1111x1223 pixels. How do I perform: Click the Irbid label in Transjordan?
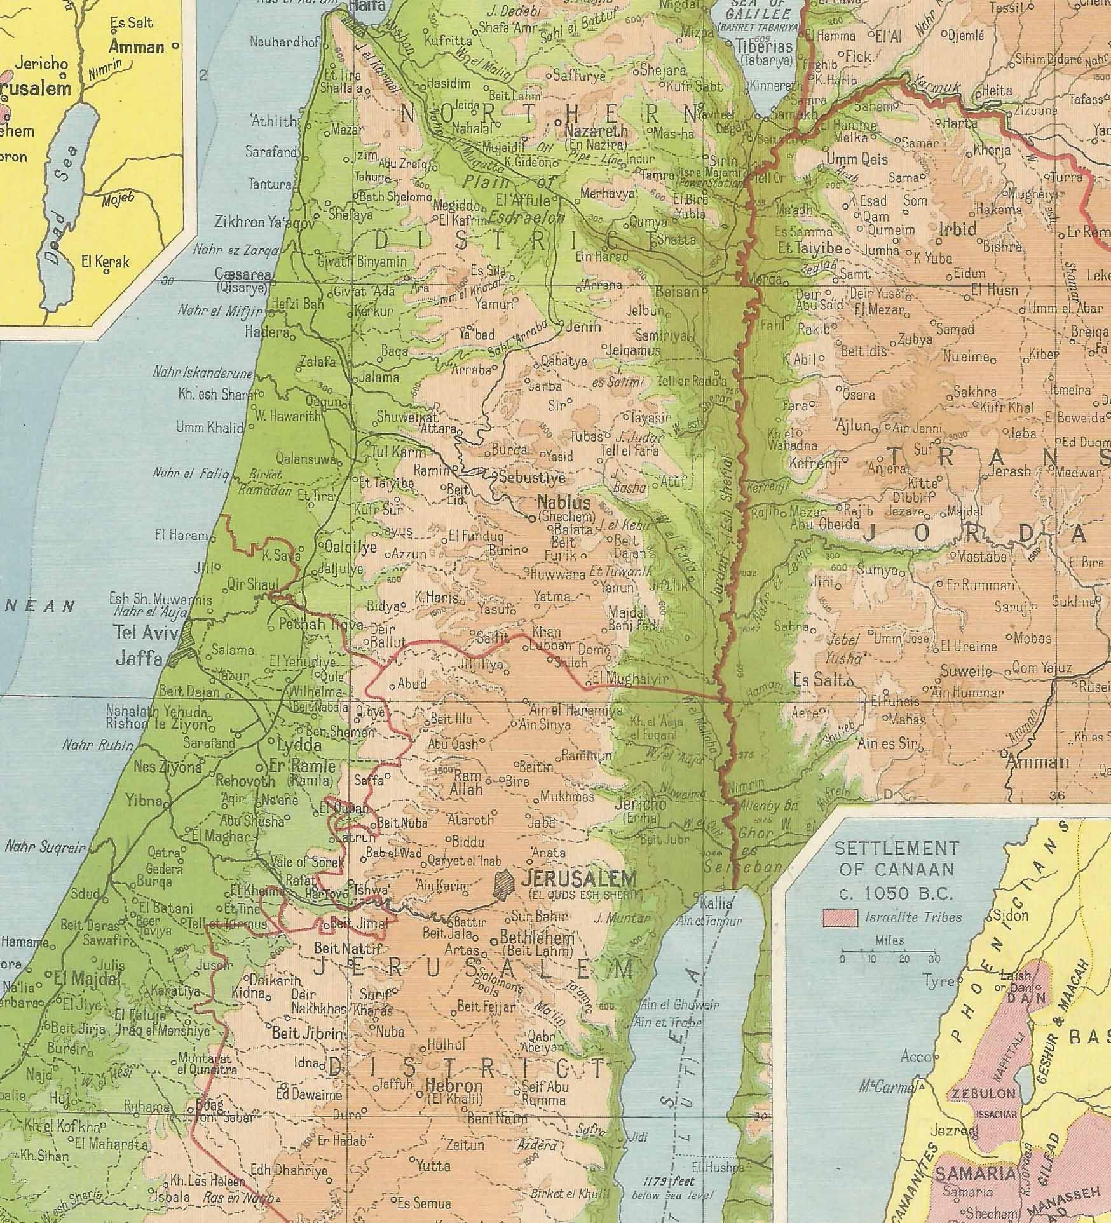[957, 229]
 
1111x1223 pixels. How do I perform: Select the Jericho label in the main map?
[641, 804]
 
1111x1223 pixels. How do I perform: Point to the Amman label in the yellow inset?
[137, 46]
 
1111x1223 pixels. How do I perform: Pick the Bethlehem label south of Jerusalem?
[537, 938]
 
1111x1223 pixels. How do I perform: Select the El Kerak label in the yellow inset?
[105, 261]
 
